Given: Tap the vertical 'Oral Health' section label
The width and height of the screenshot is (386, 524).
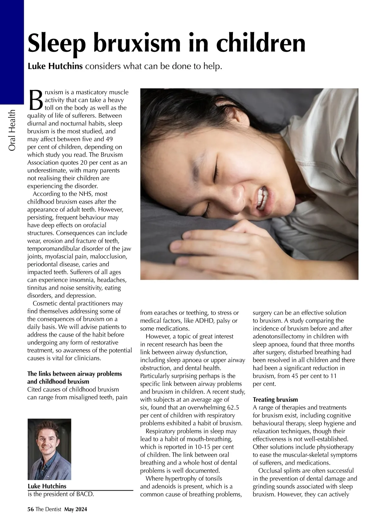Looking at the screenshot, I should (12, 130).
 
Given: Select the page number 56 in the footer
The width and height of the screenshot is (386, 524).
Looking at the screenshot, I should (31, 509).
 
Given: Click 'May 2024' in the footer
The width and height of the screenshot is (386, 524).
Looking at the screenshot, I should (76, 509).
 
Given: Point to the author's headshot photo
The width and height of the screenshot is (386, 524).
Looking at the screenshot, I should (49, 449).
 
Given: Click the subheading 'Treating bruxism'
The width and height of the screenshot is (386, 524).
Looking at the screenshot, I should (275, 400).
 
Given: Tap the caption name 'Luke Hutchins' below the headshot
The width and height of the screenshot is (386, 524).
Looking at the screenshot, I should (47, 486).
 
